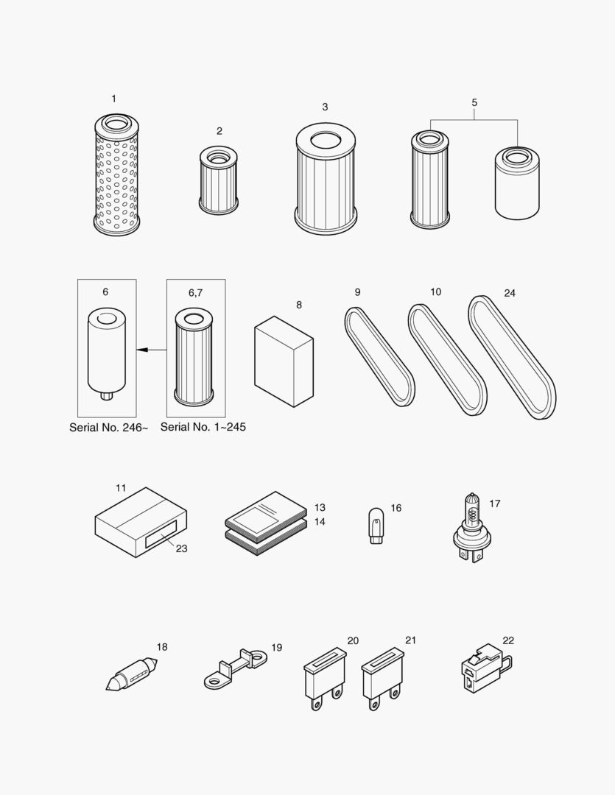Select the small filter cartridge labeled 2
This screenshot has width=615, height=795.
(218, 180)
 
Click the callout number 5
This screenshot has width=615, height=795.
(474, 103)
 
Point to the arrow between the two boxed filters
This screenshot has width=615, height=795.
(151, 350)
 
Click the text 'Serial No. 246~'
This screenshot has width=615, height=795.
(108, 427)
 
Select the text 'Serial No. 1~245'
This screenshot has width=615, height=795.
(203, 427)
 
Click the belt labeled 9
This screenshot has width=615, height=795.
(379, 358)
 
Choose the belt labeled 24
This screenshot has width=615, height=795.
(512, 356)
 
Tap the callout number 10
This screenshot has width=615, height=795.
(435, 292)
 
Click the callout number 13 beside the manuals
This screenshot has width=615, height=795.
(319, 508)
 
